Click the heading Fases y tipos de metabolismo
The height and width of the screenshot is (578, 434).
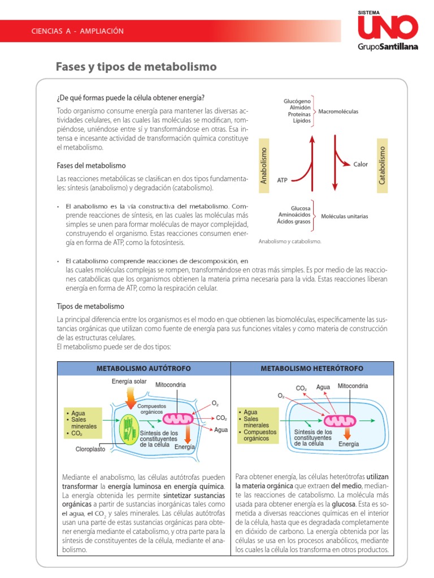136,67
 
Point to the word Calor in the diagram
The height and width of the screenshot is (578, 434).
361,164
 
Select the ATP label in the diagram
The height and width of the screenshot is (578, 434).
283,180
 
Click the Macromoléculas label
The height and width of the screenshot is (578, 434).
338,111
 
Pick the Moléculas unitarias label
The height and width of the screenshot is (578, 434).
345,216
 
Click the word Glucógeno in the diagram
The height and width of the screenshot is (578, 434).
298,101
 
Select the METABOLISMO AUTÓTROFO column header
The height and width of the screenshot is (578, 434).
144,368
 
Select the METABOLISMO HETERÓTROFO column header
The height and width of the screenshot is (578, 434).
311,368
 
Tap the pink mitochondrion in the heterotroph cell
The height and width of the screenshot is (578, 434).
340,421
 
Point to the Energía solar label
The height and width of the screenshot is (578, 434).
129,382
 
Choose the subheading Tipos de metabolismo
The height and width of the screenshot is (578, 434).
90,306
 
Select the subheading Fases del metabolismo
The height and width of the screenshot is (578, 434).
92,165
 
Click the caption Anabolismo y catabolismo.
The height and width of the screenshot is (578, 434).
290,240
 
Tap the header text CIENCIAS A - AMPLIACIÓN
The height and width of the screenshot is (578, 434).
77,31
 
